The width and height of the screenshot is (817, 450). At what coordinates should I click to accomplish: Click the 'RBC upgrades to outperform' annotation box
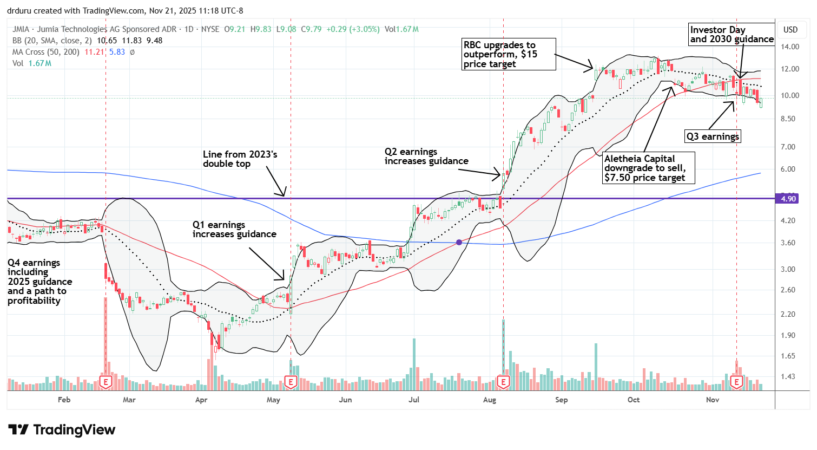508,54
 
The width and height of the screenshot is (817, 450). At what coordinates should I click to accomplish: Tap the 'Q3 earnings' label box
713,136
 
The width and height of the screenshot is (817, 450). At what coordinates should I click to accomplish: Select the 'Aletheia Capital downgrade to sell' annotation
648,168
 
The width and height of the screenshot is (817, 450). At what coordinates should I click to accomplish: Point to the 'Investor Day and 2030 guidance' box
731,34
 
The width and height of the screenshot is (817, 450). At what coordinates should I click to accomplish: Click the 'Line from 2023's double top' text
240,159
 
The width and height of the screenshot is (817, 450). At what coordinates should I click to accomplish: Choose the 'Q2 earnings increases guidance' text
426,156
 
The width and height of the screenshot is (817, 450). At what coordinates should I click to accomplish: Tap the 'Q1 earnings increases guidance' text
234,230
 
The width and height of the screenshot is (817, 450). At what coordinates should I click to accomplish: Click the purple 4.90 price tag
788,199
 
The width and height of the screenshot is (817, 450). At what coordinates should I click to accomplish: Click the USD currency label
790,30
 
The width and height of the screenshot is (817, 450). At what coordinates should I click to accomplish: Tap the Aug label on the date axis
489,400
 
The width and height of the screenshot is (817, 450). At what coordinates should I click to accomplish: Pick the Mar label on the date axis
129,400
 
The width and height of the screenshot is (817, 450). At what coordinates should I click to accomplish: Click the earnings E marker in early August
503,382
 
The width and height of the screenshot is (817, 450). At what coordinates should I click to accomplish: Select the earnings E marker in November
736,382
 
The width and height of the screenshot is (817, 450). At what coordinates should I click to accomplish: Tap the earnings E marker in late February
106,382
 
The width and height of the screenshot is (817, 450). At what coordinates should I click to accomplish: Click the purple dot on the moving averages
459,242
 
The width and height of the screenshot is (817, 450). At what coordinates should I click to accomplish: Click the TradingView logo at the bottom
62,430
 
